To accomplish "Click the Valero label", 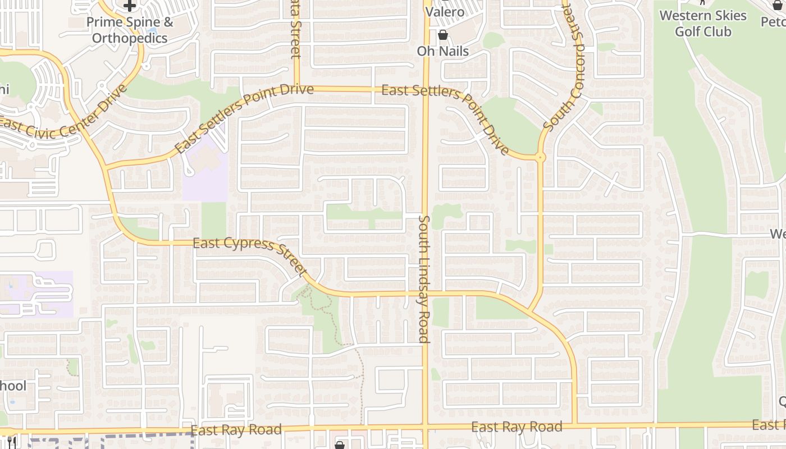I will coord(445,12).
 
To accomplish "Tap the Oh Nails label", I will coord(442,51).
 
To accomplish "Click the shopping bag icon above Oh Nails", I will coord(443,35).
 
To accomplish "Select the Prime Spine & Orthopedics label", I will coord(130,30).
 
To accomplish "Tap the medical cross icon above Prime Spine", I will coord(130,6).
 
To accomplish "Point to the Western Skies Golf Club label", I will coord(703,24).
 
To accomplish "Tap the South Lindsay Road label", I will coord(424,279).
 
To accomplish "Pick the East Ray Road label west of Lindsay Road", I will coord(236,430).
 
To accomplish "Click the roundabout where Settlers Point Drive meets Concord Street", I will coord(541,158).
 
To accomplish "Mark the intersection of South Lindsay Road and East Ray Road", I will coord(426,428).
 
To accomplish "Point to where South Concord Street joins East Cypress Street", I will coord(528,312).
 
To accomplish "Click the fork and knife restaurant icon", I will coord(10,442).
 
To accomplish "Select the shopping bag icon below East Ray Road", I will coord(339,445).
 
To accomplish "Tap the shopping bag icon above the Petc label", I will coord(778,4).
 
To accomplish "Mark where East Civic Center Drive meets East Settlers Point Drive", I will coord(106,167).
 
